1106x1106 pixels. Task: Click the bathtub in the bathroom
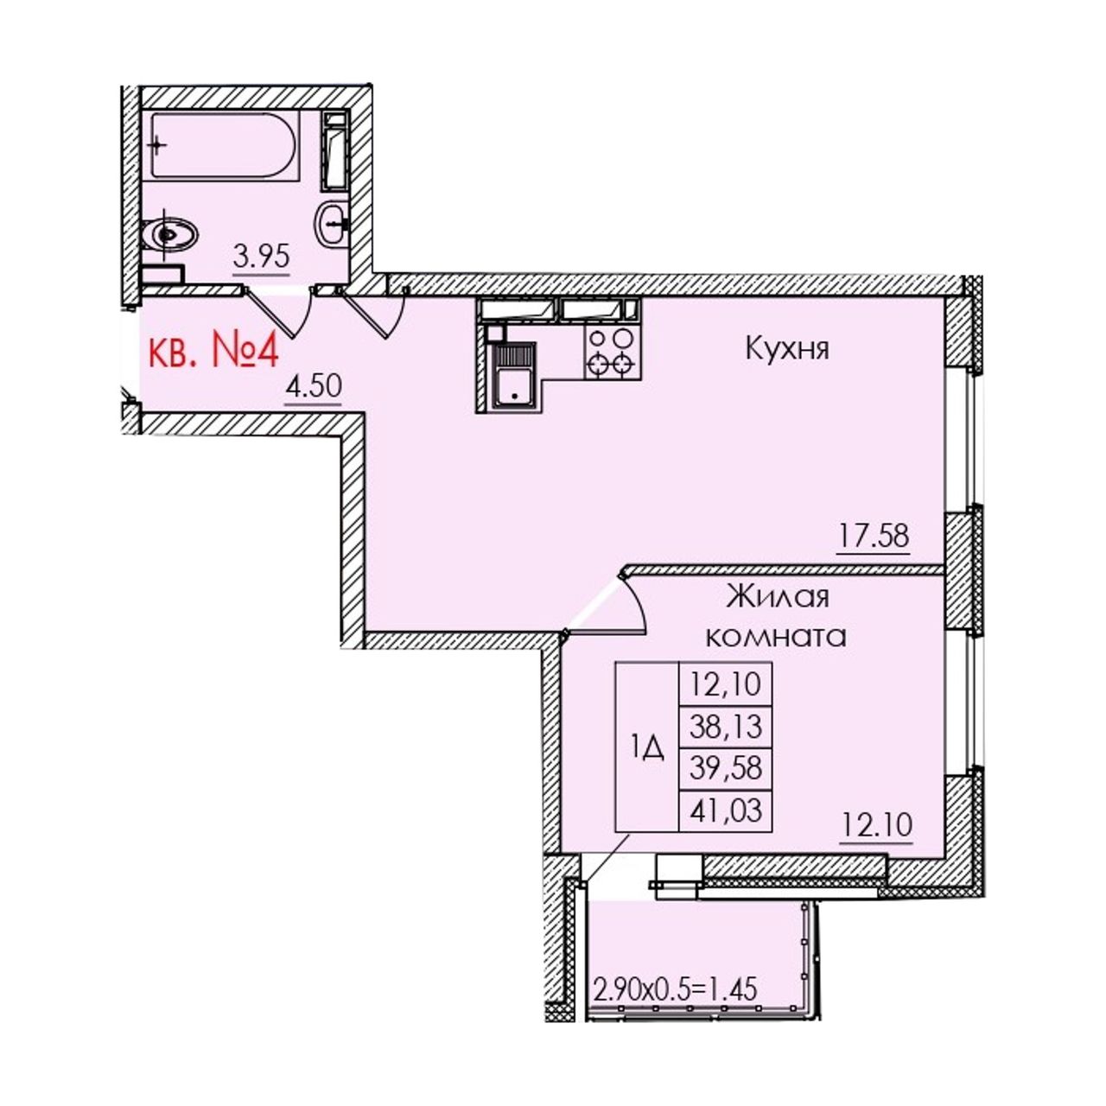(225, 146)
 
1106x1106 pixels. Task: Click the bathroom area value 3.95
(261, 257)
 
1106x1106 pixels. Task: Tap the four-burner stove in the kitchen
(613, 353)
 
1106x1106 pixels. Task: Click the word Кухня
(787, 349)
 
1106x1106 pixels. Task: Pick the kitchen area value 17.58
(874, 536)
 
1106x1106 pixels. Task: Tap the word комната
(776, 638)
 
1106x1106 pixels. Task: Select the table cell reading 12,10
(726, 684)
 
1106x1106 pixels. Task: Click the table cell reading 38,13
(726, 727)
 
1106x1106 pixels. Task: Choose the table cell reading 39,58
(726, 768)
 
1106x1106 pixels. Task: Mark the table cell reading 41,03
(726, 810)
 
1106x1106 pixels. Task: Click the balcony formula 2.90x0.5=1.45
(676, 989)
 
